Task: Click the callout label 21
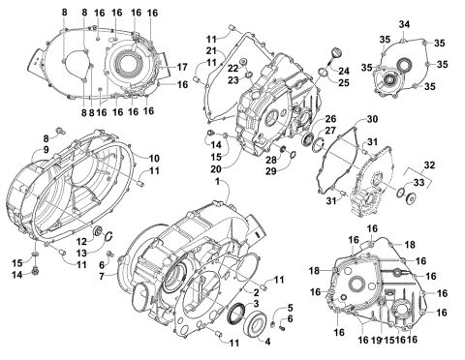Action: tap(210, 50)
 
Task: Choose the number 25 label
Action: tap(342, 83)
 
